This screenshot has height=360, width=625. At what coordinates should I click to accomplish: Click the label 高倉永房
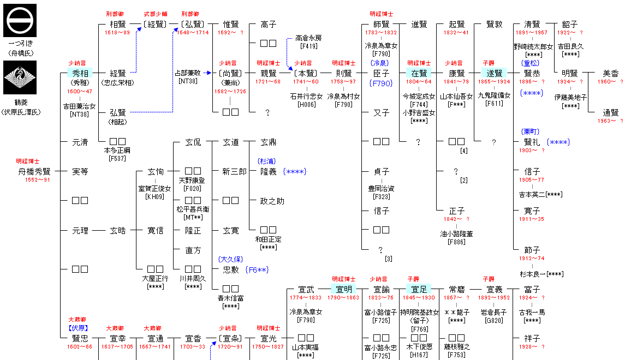[x=308, y=38]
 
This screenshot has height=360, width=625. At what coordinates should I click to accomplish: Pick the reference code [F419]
[x=308, y=46]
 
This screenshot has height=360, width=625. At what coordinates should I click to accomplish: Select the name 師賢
[x=382, y=25]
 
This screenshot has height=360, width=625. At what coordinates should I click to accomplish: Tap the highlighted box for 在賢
[x=419, y=73]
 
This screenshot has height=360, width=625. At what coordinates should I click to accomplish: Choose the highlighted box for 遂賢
[x=493, y=73]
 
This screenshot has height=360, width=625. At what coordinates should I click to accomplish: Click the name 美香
[x=610, y=73]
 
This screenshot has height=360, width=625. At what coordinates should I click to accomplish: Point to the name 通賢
[x=610, y=112]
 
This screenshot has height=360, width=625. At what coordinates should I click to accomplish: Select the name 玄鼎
[x=268, y=142]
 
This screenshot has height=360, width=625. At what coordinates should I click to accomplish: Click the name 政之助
[x=272, y=201]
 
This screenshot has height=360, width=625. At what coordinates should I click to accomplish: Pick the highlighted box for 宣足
[x=419, y=289]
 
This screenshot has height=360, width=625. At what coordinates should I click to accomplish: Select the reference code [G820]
[x=494, y=321]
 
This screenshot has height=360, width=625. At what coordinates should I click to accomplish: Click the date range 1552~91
[x=38, y=180]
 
